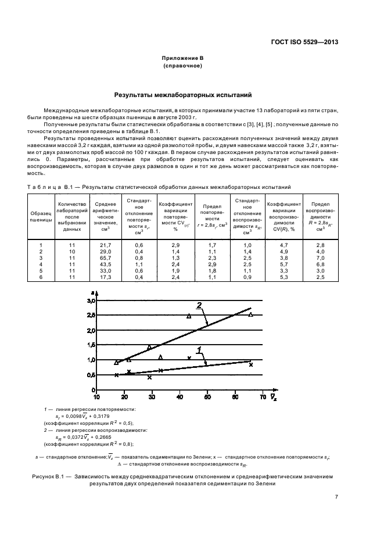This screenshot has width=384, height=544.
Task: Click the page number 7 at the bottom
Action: click(x=336, y=496)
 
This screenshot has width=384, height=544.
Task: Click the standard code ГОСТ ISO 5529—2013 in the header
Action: click(x=304, y=42)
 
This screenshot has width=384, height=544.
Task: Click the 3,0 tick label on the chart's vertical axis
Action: click(x=90, y=301)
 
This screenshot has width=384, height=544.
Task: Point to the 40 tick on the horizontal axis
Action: click(x=180, y=397)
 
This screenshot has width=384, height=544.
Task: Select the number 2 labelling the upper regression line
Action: click(x=199, y=305)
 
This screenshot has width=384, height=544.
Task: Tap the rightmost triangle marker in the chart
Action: click(x=251, y=314)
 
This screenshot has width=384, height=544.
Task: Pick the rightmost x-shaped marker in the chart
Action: click(x=251, y=364)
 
